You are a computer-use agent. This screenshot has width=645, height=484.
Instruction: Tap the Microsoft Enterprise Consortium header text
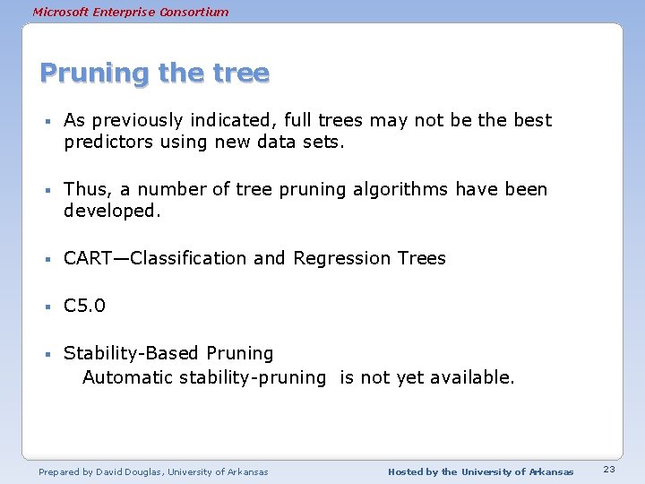[x=130, y=12]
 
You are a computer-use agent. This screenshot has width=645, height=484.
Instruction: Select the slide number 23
[x=609, y=471]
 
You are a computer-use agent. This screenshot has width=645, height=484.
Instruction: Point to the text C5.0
[x=84, y=306]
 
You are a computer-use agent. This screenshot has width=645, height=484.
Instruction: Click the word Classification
[x=189, y=258]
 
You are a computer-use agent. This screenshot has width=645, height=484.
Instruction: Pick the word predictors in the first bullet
[x=107, y=143]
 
